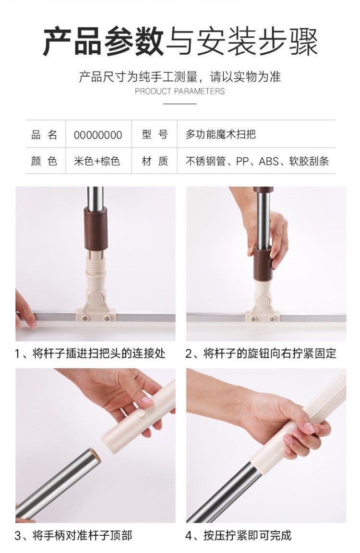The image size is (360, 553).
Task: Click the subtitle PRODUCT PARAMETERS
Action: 180,91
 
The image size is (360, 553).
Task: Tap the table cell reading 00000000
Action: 98,135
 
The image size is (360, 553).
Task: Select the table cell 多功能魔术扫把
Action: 221,134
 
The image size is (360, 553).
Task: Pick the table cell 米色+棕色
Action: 97,161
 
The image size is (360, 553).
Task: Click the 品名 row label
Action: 44,135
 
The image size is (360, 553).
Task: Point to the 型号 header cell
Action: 155,134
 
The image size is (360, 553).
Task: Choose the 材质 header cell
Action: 155,161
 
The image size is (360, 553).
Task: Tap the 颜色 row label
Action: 44,161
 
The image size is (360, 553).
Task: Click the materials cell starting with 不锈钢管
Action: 257,161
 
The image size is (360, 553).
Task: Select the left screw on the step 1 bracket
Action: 84,318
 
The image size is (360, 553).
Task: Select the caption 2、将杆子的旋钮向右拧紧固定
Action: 261,353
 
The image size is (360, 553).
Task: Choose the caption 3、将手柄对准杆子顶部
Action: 73,536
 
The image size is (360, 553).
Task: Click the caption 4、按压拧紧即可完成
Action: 239,536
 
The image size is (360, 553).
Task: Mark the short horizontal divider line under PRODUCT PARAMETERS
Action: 180,104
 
